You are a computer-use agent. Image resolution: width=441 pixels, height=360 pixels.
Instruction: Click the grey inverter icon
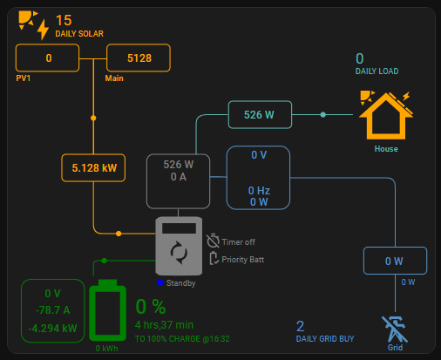point(179,246)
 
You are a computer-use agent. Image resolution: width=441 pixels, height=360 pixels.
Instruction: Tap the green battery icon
point(107,310)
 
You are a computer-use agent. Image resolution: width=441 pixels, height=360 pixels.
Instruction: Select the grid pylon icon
point(395,329)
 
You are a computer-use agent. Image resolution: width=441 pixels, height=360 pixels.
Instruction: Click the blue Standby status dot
point(159,282)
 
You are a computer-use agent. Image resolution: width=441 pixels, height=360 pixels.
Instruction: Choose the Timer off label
point(239,242)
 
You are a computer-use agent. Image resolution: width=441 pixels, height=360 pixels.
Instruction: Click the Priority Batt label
point(243,260)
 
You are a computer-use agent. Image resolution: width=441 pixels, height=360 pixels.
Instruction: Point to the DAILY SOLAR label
point(79,34)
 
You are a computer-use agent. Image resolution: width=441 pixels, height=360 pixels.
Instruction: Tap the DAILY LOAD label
point(377,71)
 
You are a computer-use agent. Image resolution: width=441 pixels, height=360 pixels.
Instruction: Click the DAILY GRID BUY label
point(325,339)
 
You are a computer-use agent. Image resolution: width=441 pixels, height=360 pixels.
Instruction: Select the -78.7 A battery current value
point(53,310)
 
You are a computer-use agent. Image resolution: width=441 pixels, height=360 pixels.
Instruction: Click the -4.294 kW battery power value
point(53,329)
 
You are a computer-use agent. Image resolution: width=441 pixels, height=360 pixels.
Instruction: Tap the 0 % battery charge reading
point(151,307)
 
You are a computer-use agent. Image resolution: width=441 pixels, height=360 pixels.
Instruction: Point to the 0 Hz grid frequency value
point(259,191)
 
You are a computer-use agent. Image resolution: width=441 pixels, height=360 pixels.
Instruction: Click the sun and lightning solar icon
point(33,25)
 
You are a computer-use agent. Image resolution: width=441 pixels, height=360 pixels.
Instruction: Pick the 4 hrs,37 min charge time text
point(164,325)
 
